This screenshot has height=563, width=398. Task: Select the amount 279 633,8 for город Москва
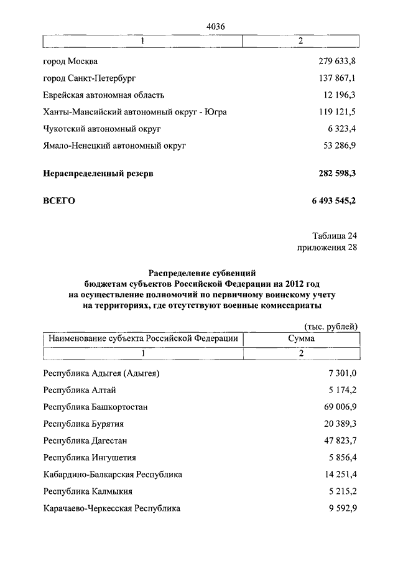click(x=336, y=62)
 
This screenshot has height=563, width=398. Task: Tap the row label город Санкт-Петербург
click(x=90, y=78)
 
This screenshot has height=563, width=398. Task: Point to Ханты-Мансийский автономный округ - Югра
click(x=135, y=112)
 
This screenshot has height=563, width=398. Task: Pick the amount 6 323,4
click(x=341, y=129)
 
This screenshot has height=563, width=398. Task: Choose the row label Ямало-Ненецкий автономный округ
click(x=114, y=146)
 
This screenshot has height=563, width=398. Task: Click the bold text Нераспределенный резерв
click(x=98, y=174)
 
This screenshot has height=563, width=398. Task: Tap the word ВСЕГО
click(x=59, y=201)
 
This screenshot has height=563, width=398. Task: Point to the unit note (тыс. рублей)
click(x=331, y=327)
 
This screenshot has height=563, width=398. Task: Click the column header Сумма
click(x=301, y=338)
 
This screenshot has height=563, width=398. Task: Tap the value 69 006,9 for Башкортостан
click(x=339, y=407)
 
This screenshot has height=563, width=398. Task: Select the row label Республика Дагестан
click(x=85, y=441)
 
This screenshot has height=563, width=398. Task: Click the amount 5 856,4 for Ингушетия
click(x=341, y=458)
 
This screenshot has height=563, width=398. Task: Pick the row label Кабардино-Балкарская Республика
click(x=113, y=475)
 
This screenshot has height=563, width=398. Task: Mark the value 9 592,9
click(x=341, y=508)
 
